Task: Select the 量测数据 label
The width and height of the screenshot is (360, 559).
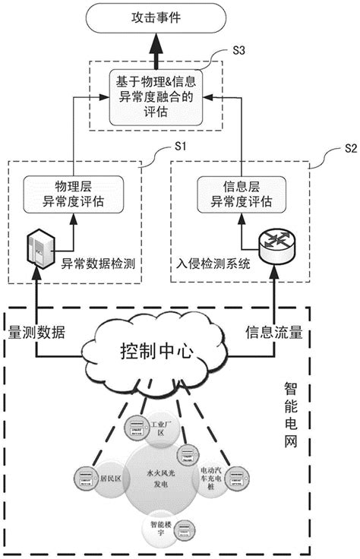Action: (x=36, y=333)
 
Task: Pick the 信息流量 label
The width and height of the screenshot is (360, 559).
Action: (x=274, y=333)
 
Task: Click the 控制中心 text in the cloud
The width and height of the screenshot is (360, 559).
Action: (x=158, y=352)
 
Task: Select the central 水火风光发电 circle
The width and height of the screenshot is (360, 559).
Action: (x=160, y=477)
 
